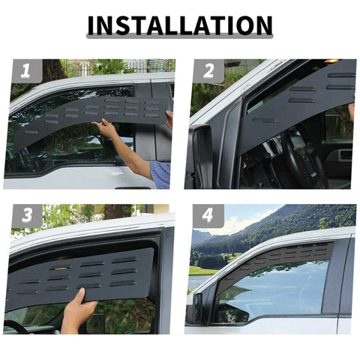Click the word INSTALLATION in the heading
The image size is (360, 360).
(179, 25)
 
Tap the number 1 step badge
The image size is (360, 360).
(26, 71)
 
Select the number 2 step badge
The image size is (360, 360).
(208, 71)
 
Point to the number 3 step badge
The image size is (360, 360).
(26, 216)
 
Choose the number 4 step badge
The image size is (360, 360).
(208, 216)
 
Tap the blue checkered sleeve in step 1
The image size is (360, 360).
(160, 173)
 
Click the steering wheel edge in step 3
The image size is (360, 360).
(15, 327)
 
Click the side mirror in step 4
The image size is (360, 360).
(197, 307)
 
